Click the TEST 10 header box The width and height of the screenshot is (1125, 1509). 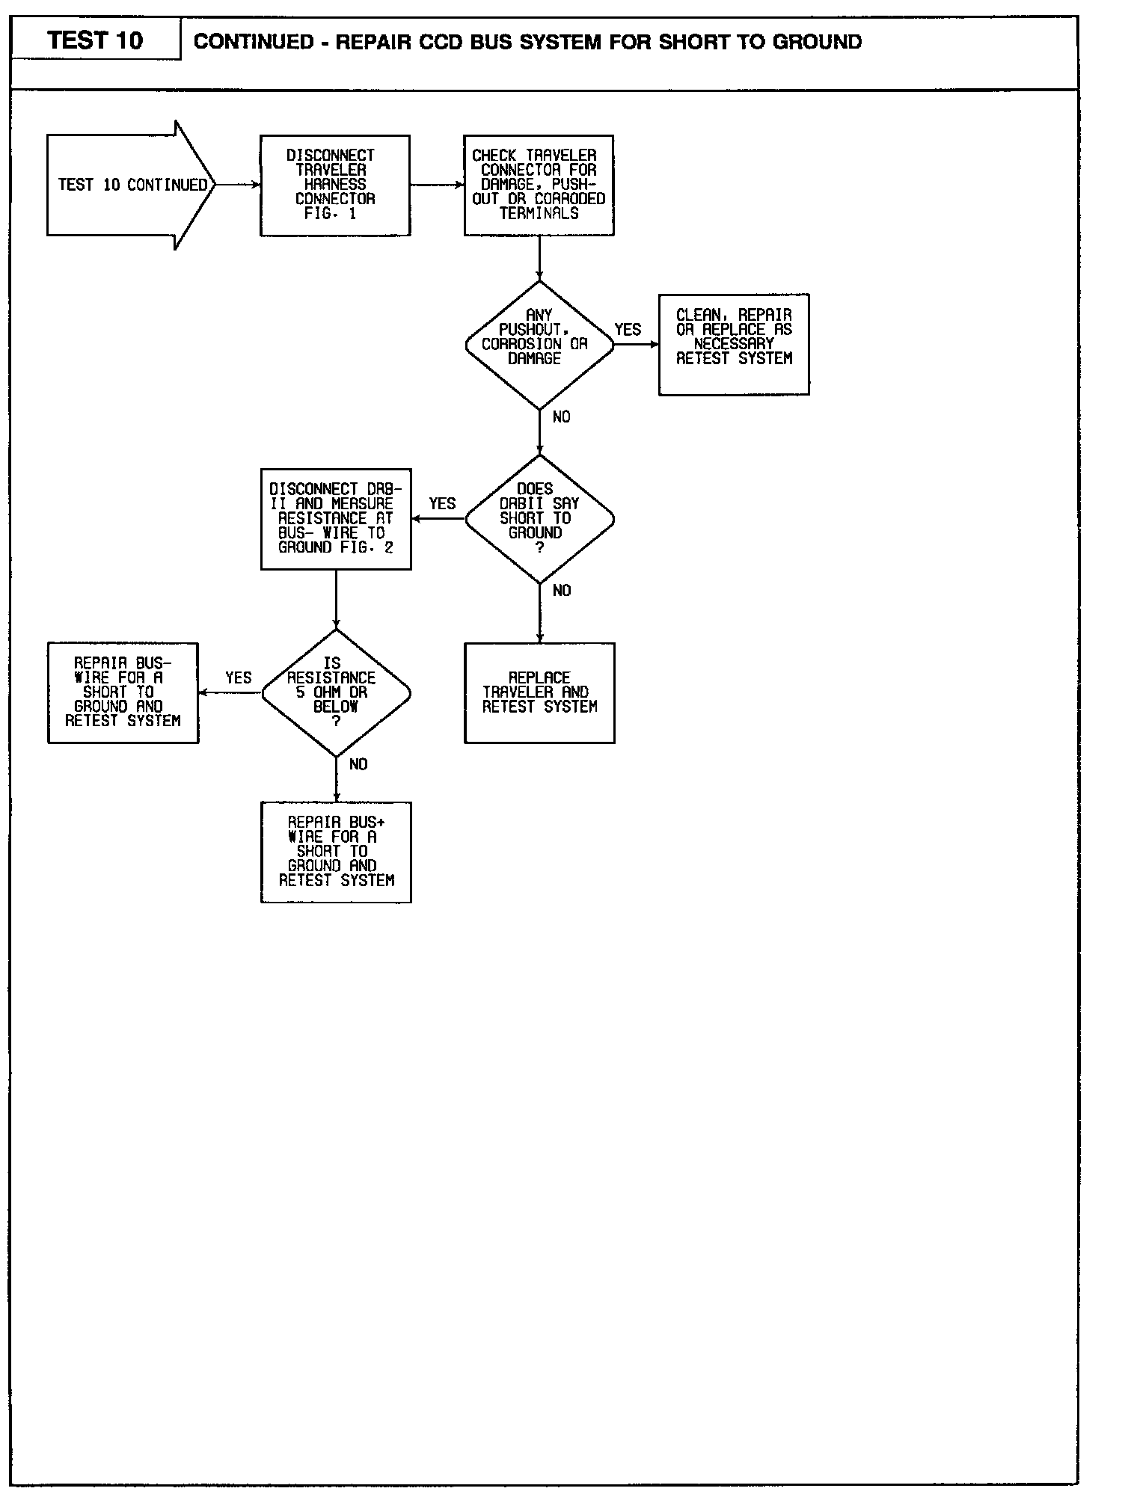[95, 40]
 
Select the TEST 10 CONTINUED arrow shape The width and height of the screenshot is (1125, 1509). [130, 185]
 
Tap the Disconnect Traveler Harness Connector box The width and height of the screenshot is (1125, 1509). [335, 185]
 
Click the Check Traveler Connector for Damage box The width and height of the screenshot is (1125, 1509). [539, 185]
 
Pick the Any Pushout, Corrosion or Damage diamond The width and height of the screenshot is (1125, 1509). [539, 345]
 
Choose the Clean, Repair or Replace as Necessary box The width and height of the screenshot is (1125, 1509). [734, 344]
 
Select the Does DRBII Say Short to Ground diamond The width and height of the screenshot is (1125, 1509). [539, 519]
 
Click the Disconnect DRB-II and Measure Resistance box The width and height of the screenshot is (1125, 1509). [336, 519]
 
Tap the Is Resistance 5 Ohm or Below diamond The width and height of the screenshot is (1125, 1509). [336, 693]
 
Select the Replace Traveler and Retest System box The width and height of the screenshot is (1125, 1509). [539, 692]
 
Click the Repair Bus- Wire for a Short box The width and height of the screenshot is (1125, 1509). [123, 692]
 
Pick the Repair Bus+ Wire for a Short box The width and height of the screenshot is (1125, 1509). [336, 852]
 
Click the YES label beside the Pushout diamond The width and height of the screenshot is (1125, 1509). [628, 330]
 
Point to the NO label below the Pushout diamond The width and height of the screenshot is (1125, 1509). [562, 417]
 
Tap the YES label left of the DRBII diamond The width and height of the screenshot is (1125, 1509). [442, 504]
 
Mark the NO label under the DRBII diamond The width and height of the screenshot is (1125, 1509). [562, 591]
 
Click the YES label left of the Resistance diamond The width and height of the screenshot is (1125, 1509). [239, 678]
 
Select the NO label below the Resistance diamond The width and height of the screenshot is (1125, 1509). [358, 765]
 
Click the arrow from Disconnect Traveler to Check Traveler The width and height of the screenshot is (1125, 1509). [437, 185]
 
